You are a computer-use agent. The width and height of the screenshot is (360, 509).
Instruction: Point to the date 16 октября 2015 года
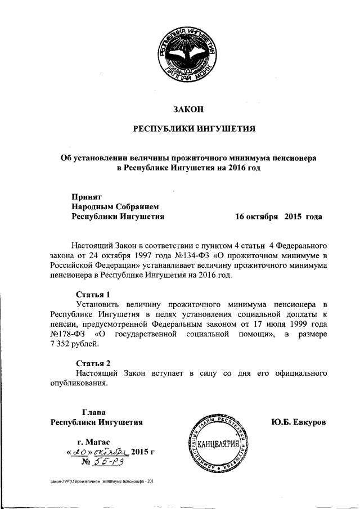(278, 215)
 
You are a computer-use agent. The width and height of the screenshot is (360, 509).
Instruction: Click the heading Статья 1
(93, 294)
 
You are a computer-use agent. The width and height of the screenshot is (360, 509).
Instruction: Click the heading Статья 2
(93, 363)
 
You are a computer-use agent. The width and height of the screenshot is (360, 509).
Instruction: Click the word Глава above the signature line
(93, 412)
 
